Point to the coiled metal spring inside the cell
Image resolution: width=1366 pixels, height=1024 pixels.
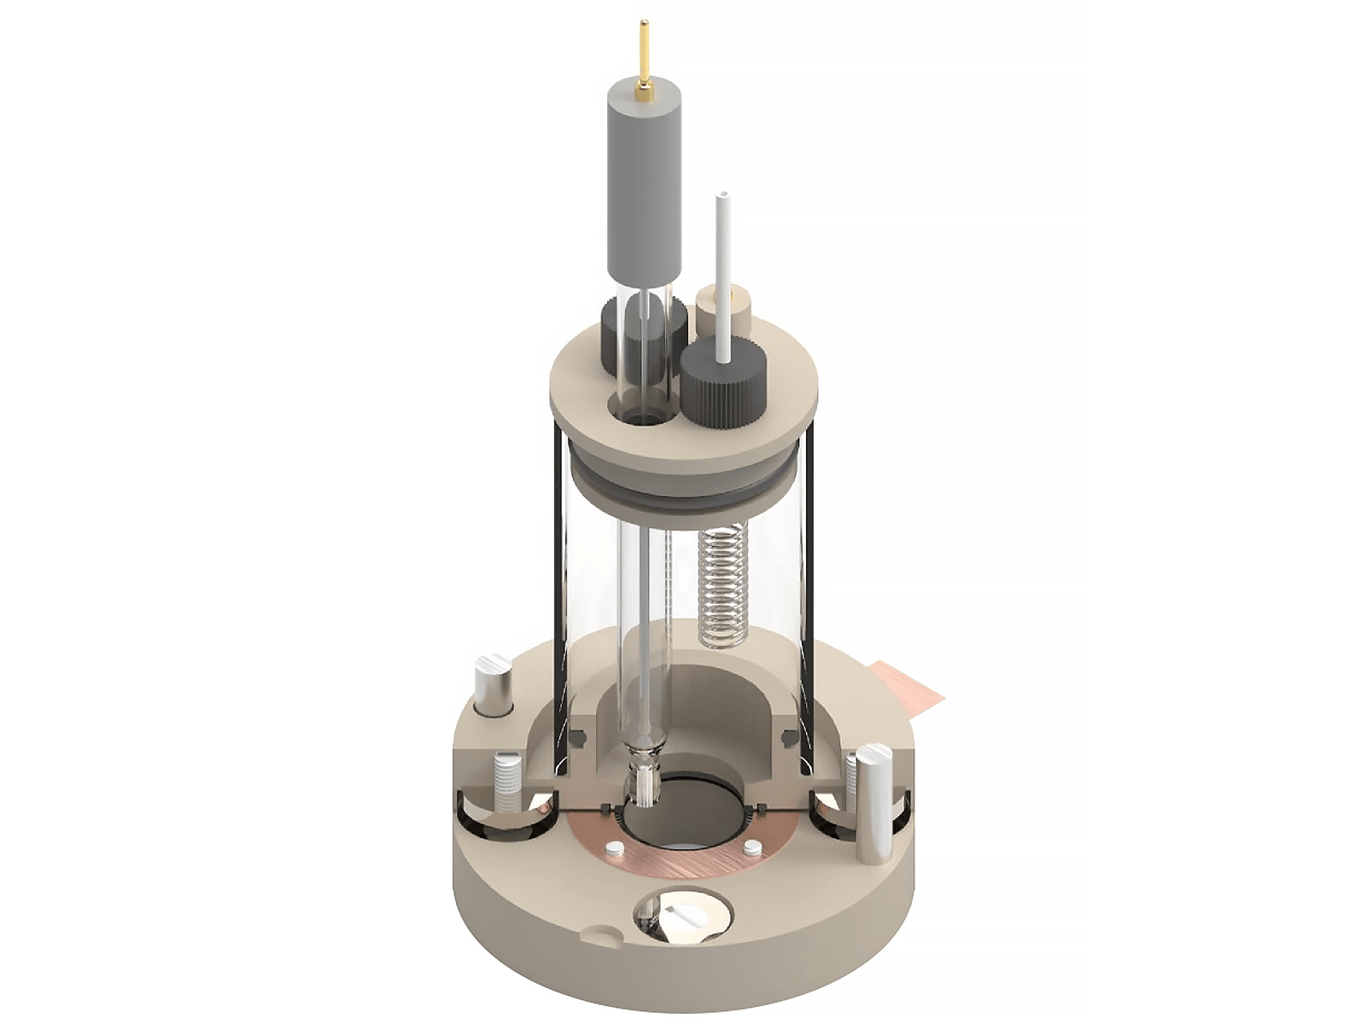722,585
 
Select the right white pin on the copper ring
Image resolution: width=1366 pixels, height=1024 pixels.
752,848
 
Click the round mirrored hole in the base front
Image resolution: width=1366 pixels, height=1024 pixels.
681,916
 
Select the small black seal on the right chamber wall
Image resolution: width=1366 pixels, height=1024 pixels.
789,736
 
